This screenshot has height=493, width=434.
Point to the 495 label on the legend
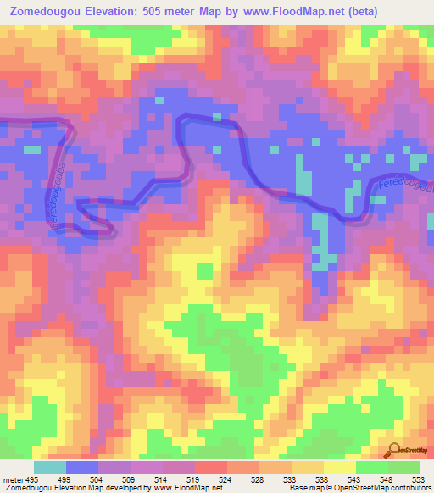pos(31,479)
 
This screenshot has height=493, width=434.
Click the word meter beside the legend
pos(13,479)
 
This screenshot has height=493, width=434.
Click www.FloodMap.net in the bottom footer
pos(184,489)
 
